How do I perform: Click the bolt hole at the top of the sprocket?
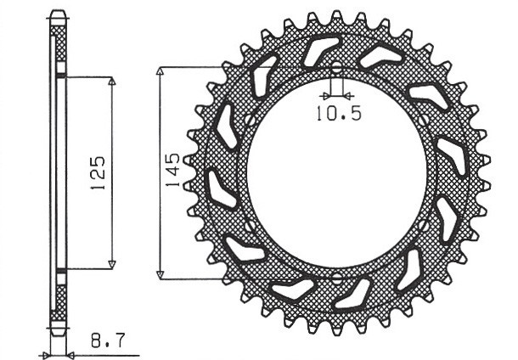tap(336, 68)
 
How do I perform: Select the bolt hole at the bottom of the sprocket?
tap(336, 278)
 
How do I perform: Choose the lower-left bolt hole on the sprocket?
tap(250, 226)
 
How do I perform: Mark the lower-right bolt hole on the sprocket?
tap(423, 226)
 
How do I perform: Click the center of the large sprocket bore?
tap(336, 173)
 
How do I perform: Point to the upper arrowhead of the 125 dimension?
tap(112, 82)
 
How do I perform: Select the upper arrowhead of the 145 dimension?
tap(159, 70)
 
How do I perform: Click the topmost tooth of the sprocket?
tap(336, 16)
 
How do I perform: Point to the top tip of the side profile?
tap(58, 14)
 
